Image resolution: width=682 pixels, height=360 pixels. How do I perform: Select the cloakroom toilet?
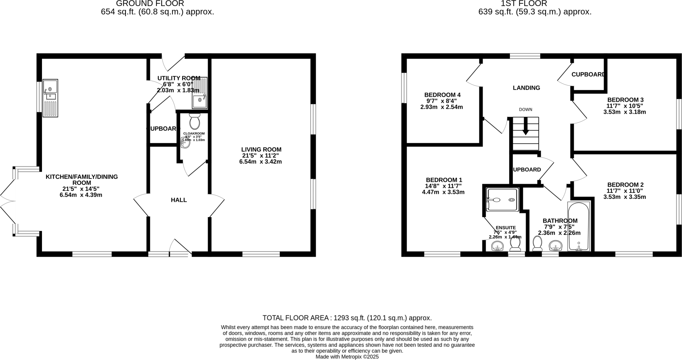pos(194,122)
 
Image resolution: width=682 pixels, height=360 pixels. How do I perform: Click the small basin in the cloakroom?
pos(185,143)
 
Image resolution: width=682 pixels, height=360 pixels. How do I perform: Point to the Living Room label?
pos(261,150)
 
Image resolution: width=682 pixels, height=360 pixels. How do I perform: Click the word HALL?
pos(179,200)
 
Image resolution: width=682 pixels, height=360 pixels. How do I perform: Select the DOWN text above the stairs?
pos(525,110)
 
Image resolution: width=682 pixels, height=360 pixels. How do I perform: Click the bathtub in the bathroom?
pos(579,226)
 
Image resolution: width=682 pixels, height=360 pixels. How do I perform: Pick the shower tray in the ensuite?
pos(503,200)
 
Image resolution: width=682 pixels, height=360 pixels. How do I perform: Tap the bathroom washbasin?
pos(555,246)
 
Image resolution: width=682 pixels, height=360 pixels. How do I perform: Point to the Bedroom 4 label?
pos(442,95)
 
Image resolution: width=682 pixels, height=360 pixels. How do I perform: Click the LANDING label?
pos(526,88)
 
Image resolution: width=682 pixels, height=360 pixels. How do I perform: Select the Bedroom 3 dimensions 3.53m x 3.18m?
pos(624,112)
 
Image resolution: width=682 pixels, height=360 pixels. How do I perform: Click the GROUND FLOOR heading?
pos(150,4)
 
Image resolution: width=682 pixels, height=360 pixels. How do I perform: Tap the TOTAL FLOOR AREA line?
pos(347,318)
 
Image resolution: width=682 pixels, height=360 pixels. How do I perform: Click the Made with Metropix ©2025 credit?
pos(347,357)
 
